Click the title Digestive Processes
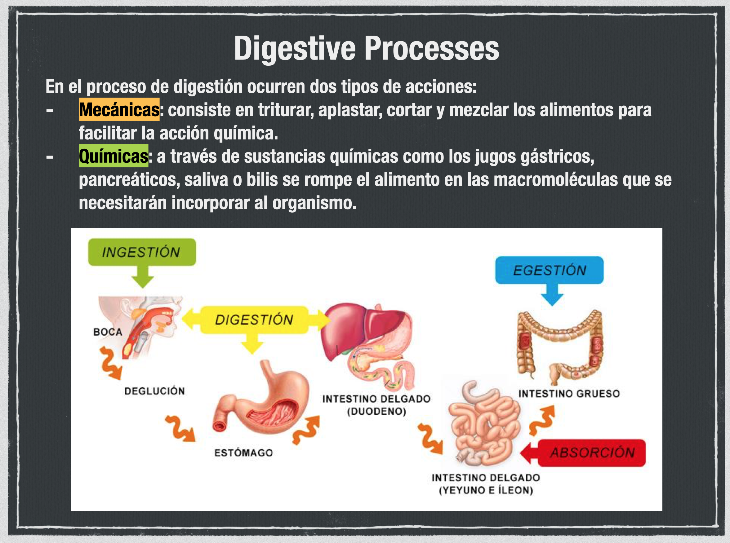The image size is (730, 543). [366, 49]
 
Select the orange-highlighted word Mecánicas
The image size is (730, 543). [119, 110]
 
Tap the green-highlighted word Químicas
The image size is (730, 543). [114, 156]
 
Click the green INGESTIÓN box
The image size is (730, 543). [142, 252]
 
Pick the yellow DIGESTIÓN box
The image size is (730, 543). [254, 320]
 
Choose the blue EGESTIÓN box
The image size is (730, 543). [550, 270]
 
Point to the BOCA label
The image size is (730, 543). [108, 332]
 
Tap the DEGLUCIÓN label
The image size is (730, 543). [154, 391]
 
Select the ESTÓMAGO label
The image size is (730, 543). [243, 453]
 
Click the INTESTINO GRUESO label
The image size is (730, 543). [569, 393]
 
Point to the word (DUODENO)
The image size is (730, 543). [376, 411]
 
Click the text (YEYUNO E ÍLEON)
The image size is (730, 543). [486, 490]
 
